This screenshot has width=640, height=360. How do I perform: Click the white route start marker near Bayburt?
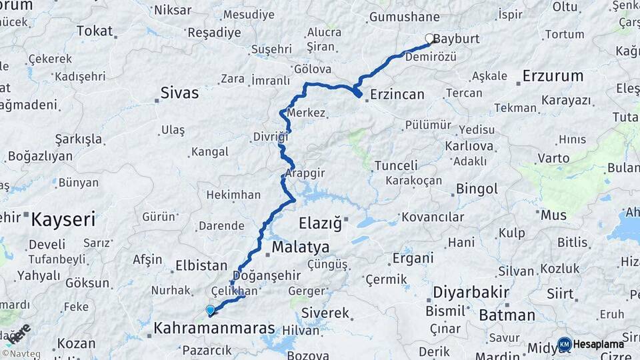430,39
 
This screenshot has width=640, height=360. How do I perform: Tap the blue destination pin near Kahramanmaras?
210,310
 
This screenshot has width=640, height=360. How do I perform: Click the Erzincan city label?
397,94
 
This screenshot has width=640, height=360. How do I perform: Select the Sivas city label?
179,93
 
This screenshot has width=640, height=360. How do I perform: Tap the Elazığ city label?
320,222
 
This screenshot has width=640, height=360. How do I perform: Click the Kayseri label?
63,219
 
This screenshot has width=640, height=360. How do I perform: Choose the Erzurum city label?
553,76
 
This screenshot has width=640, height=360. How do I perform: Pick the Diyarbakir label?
471,293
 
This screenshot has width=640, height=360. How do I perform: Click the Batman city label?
507,315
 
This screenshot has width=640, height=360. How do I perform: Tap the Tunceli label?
396,165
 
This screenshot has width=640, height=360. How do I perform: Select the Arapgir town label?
305,173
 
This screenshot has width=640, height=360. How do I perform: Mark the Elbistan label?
201,265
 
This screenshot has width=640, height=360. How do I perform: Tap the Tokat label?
95,31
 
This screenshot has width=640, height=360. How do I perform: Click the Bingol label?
477,189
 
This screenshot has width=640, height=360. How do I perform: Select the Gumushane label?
404,17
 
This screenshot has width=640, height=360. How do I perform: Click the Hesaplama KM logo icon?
565,344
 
